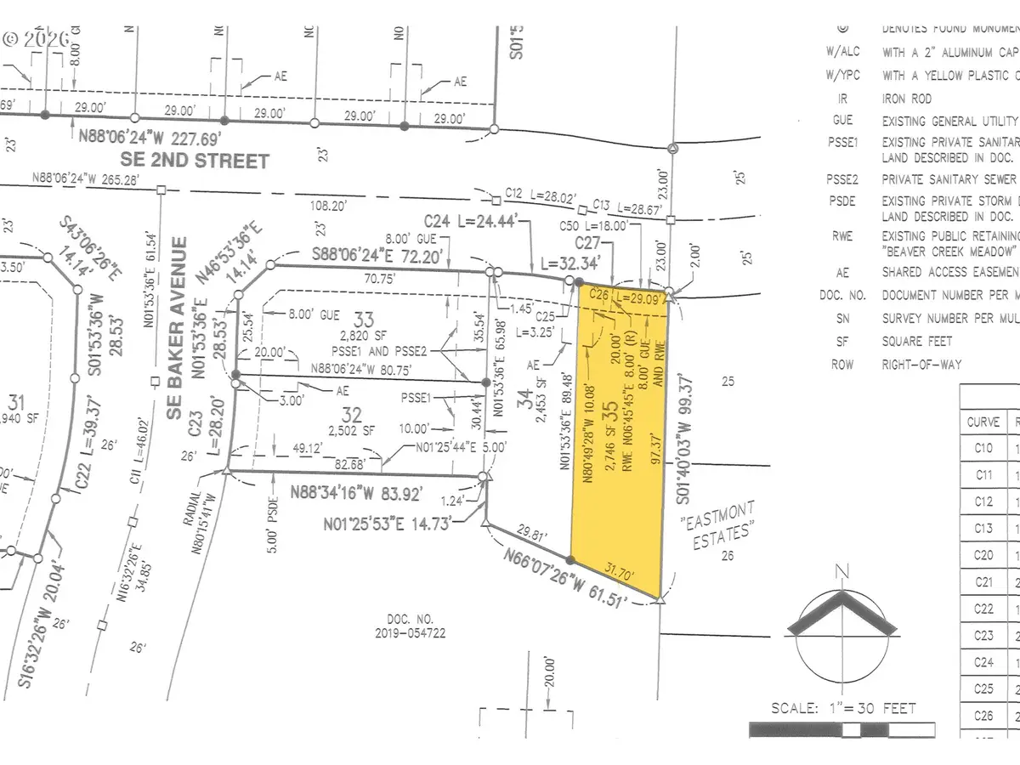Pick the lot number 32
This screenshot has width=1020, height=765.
[352, 415]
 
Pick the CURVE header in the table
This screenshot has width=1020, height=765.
[983, 422]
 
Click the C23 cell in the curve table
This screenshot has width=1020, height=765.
[983, 635]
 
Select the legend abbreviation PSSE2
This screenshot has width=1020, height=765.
[844, 179]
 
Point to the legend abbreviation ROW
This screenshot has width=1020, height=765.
[843, 364]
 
